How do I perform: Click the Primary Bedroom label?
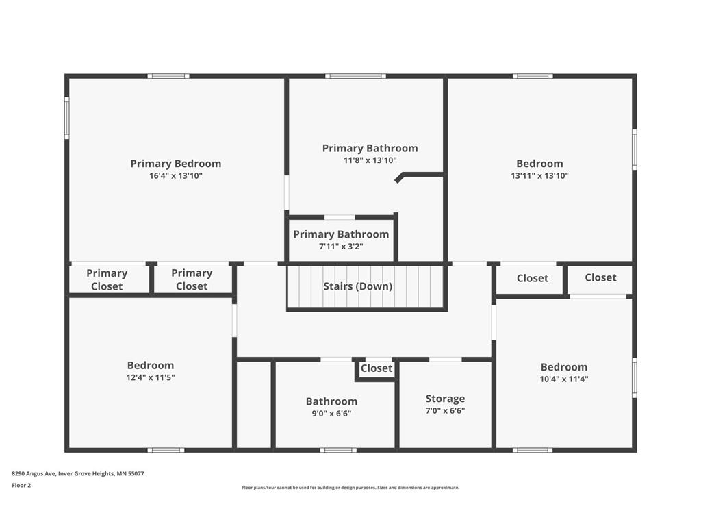[176, 164]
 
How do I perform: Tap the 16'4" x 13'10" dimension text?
[176, 176]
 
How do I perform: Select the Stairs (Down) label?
[357, 286]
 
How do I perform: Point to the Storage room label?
[445, 399]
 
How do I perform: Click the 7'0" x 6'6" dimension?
[445, 411]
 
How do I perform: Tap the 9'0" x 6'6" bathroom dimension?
[331, 414]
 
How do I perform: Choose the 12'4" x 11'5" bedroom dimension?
[150, 377]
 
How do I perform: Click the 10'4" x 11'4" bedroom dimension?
[564, 379]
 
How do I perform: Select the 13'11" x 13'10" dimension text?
[539, 176]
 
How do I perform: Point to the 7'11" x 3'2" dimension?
[341, 247]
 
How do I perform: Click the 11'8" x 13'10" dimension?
[370, 160]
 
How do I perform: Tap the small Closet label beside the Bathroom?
[377, 368]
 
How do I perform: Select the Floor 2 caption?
[21, 486]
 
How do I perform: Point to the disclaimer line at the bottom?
[350, 488]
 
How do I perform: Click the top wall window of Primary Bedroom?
[168, 76]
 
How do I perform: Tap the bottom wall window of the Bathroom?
[338, 450]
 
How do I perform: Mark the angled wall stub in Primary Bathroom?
[400, 177]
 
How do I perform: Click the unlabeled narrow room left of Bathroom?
[253, 404]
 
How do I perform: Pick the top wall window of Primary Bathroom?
[355, 76]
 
